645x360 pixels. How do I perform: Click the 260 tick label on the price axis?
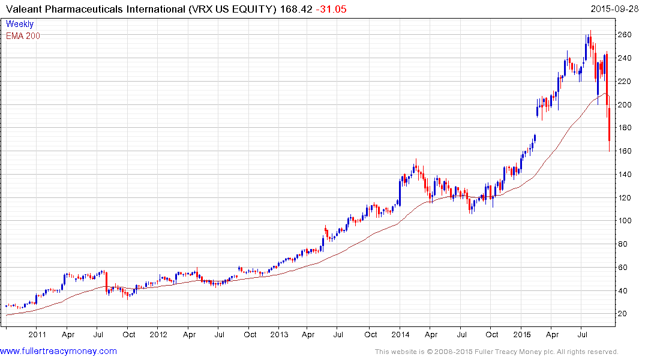626,35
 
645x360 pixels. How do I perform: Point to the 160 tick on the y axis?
626,151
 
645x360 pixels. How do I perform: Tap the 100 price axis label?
626,221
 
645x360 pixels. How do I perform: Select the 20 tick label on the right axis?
624,314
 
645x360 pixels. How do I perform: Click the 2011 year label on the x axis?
37,335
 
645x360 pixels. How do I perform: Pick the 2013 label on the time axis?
279,335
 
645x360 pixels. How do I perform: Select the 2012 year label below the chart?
158,335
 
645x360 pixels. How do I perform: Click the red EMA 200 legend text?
23,35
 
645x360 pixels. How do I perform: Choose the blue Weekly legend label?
19,25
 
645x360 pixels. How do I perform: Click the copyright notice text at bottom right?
496,352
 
